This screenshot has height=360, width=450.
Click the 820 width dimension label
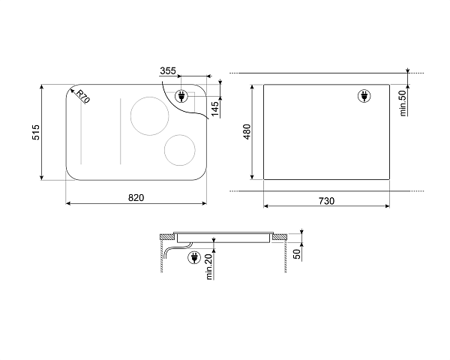(x=136, y=198)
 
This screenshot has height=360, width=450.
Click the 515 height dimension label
(x=36, y=132)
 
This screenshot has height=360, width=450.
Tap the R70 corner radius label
(x=83, y=96)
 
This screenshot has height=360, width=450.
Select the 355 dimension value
(x=168, y=70)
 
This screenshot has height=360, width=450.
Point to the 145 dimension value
(x=215, y=109)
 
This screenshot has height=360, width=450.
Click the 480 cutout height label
(x=247, y=132)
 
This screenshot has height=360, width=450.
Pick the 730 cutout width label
(x=326, y=201)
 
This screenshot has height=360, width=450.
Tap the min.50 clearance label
(x=403, y=103)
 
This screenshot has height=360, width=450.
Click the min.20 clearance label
(x=209, y=267)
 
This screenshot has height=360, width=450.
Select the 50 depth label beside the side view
(x=297, y=253)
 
